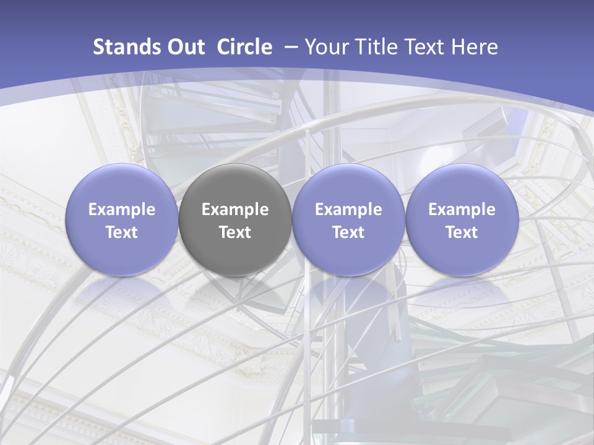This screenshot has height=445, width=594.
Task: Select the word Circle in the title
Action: (244, 47)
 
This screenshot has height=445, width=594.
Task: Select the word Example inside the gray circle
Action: (235, 210)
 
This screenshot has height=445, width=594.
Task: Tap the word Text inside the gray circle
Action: (235, 232)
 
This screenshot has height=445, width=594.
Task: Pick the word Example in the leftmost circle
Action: (121, 210)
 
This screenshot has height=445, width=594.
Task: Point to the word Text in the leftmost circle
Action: (121, 232)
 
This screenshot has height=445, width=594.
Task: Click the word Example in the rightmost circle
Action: (462, 210)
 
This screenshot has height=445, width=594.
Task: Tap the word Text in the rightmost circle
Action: (462, 232)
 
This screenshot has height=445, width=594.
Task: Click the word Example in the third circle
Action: (348, 210)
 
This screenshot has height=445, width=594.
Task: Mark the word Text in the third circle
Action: (348, 232)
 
